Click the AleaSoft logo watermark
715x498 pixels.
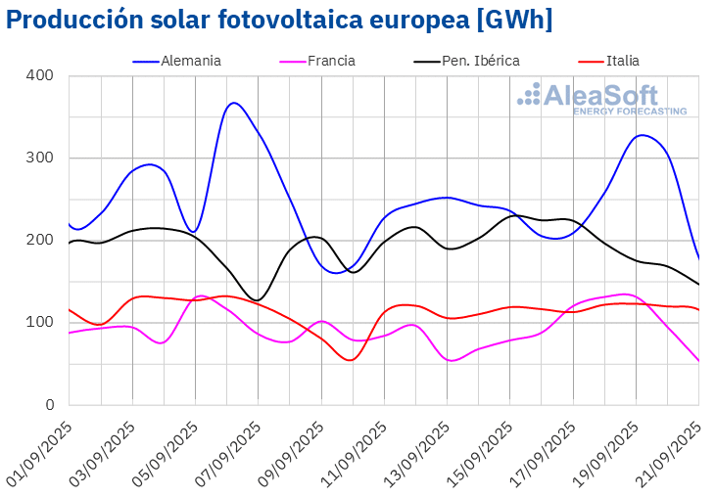[601, 99]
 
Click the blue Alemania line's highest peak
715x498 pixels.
[233, 103]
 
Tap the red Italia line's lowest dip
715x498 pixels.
[351, 360]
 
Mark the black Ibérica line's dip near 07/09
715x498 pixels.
[257, 300]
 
